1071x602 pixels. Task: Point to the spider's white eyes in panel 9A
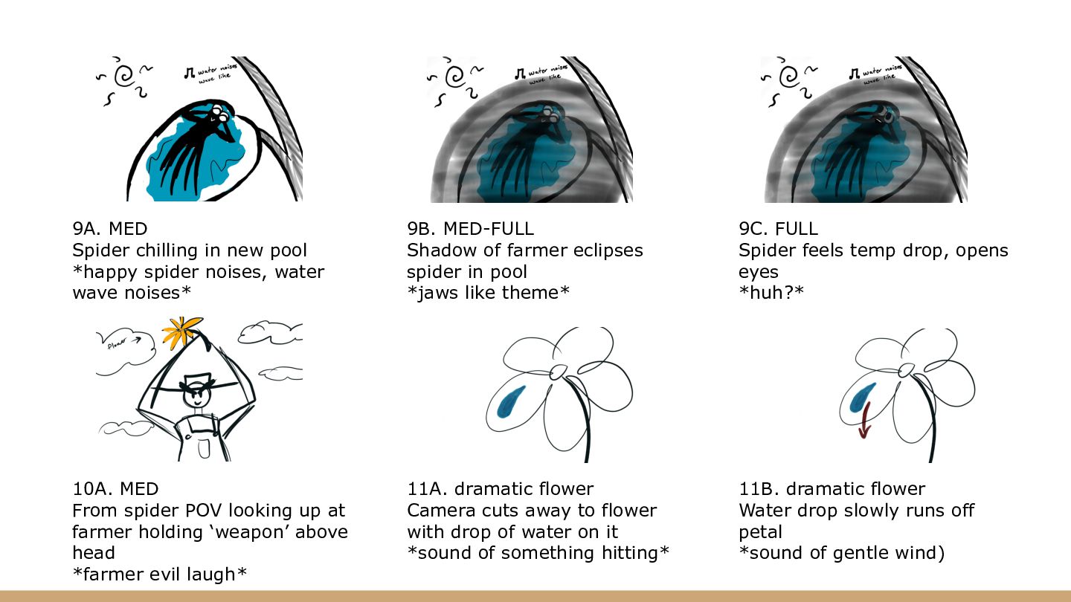coord(217,112)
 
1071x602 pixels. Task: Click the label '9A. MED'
coord(115,229)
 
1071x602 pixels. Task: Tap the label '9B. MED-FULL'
coord(470,229)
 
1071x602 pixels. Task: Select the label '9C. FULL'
coord(778,229)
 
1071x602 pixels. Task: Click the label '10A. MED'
coord(115,490)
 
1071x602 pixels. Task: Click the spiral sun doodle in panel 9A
coord(126,75)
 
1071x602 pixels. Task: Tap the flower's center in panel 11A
coord(558,371)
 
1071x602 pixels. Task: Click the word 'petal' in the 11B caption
coord(760,532)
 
